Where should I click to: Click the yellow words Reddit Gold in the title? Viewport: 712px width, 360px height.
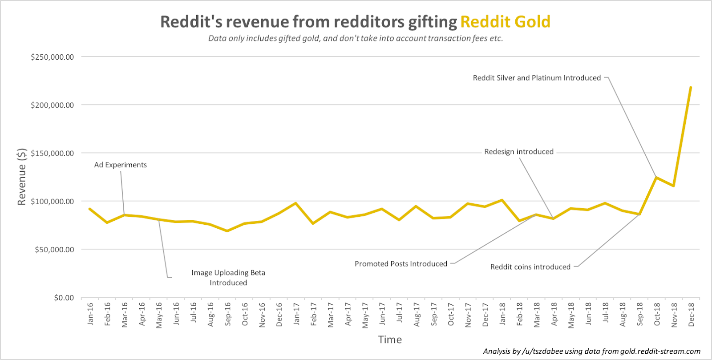tap(505, 22)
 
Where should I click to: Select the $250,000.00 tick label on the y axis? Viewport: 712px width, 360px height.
tap(52, 57)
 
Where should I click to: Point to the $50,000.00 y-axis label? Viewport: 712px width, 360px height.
tap(54, 250)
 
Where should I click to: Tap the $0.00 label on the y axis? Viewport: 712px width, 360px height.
tap(64, 298)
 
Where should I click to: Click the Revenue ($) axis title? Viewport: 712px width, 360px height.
tap(21, 177)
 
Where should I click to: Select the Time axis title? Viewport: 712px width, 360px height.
tap(390, 340)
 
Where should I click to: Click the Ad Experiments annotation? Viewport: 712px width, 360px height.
tap(120, 165)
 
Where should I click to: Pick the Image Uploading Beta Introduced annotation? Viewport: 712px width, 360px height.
tap(228, 278)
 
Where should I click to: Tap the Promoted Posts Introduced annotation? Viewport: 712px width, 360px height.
tap(400, 264)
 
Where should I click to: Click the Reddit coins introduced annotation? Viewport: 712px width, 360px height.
tap(530, 267)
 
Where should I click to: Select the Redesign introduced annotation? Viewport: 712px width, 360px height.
tap(519, 152)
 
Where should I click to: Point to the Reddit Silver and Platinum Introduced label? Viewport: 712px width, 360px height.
tap(537, 78)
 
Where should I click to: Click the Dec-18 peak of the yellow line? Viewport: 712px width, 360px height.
tap(691, 87)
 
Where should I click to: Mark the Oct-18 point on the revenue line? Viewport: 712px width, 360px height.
tap(656, 178)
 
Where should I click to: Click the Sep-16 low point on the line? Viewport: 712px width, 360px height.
tap(227, 231)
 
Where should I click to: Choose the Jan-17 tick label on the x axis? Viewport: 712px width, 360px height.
tap(296, 314)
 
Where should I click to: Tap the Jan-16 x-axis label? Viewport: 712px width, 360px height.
tap(90, 314)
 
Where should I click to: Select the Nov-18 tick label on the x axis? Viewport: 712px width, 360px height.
tap(674, 315)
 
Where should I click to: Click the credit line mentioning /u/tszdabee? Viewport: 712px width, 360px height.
tap(591, 352)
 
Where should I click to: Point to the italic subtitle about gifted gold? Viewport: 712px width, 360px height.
tap(356, 38)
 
